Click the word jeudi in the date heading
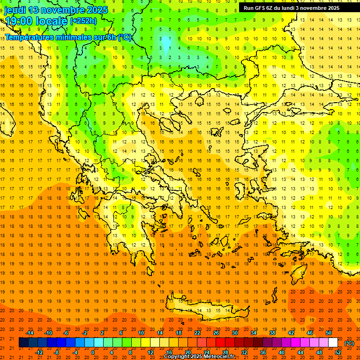click(15, 10)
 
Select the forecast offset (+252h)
click(83, 21)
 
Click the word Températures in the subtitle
click(28, 37)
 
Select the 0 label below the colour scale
click(93, 352)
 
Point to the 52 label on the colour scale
click(338, 352)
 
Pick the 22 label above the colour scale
click(197, 333)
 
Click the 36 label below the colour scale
click(263, 352)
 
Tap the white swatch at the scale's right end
click(333, 343)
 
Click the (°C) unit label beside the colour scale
click(349, 343)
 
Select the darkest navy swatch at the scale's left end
click(23, 343)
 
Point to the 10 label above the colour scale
click(141, 333)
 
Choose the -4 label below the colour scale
click(75, 352)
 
